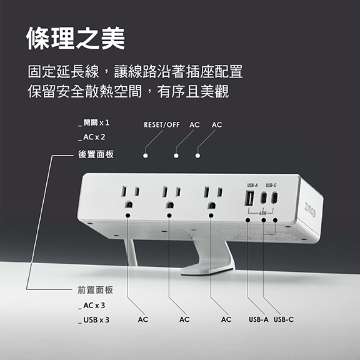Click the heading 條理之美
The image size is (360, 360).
point(76,38)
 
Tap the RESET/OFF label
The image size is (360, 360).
point(162,124)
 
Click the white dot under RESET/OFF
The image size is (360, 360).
point(146,156)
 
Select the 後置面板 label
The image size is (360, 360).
point(96,154)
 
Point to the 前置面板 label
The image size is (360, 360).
point(95,290)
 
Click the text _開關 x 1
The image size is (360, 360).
point(94,123)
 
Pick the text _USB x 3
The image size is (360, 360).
point(94,320)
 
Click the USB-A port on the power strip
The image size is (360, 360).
point(250,198)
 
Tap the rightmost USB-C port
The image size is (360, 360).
point(275,198)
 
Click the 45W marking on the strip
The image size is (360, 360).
point(262,213)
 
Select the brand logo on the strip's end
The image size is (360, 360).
point(311,210)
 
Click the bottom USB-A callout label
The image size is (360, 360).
point(259,319)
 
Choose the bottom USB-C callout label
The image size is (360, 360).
point(284,319)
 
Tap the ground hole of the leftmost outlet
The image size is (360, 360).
point(129,204)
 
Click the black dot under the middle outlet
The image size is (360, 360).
point(169,216)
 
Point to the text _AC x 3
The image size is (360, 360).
point(92,306)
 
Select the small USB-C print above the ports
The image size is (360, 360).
point(271,185)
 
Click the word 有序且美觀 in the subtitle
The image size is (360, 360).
point(193,91)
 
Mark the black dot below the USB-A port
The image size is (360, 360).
point(247,220)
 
